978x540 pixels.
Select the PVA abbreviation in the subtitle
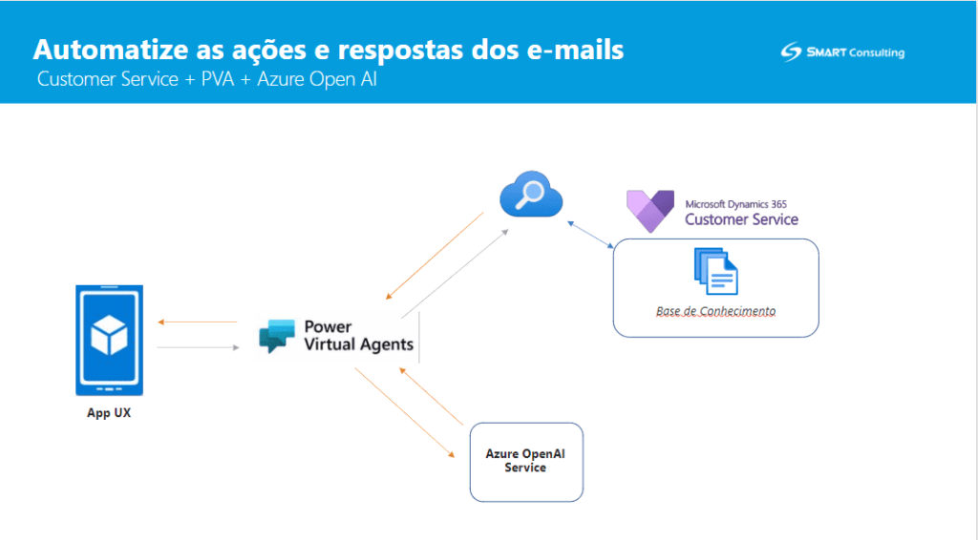218,79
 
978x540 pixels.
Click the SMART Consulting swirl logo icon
791,52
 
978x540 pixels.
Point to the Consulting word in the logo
877,52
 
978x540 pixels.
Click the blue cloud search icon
531,195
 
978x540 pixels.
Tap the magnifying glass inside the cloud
529,195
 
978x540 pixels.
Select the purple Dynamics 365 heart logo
649,211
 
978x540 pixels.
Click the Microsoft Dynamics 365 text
736,204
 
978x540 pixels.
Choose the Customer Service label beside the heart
741,219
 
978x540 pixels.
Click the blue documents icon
716,272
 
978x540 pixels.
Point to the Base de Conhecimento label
716,311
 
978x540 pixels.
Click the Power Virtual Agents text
359,336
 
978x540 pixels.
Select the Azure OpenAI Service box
526,462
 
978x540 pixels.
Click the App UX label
109,413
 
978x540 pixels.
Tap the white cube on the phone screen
109,335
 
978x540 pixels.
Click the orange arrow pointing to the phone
197,322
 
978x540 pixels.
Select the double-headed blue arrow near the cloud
590,235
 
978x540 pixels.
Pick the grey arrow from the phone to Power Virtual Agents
199,347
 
